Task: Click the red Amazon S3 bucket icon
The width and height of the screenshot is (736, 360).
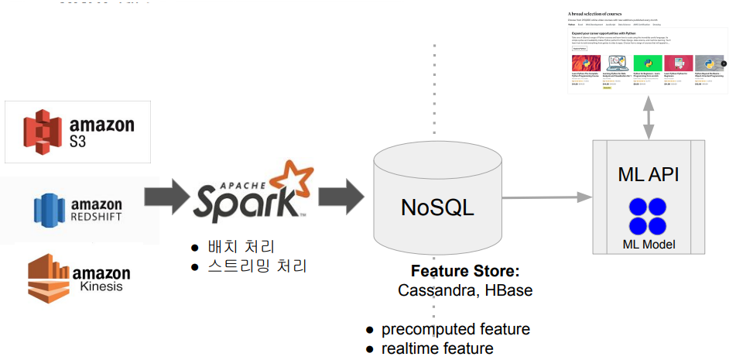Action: [42, 129]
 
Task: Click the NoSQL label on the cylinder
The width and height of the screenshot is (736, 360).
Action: [437, 207]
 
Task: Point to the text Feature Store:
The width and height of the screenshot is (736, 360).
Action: [464, 272]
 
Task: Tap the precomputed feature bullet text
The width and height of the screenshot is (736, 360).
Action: [455, 329]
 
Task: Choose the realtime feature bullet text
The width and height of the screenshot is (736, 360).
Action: [437, 348]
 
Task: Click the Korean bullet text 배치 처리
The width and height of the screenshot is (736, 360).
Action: [241, 248]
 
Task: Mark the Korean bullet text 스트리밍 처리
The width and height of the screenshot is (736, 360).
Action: [257, 266]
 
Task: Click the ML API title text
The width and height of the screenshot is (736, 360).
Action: [649, 174]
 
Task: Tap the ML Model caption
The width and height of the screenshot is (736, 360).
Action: [649, 245]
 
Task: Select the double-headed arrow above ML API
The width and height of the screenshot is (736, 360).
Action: [649, 117]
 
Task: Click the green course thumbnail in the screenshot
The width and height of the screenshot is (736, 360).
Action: [647, 63]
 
